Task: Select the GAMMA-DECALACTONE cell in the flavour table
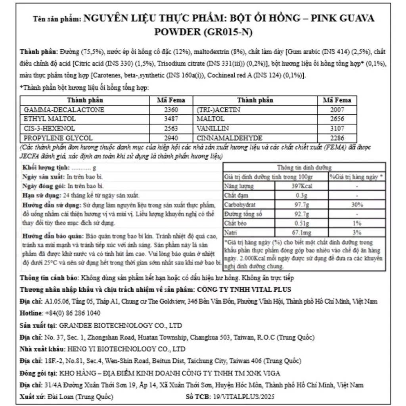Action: point(64,110)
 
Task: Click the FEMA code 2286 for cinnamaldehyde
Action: point(337,138)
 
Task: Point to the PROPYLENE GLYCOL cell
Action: point(58,138)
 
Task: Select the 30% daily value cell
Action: point(357,205)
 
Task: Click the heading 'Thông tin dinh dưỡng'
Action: point(304,168)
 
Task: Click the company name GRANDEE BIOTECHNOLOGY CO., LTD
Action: point(120,326)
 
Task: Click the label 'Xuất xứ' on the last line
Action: point(32,397)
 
